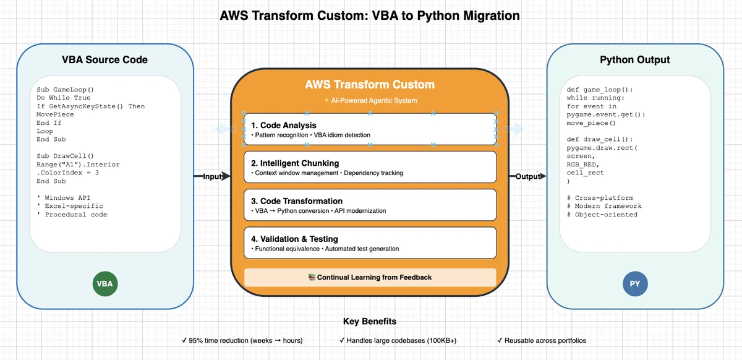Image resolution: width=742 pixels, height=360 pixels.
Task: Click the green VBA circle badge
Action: point(105,284)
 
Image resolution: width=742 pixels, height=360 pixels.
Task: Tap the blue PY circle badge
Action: point(635,284)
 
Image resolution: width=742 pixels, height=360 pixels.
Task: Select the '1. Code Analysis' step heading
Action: point(284,126)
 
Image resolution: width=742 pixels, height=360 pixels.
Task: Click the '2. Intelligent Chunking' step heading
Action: point(295,163)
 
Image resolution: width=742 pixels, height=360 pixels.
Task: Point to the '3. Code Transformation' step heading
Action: point(297,201)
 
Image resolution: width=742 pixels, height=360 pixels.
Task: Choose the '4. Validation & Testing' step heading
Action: point(294,239)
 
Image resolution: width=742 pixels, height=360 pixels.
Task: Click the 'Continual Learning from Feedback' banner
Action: point(370,278)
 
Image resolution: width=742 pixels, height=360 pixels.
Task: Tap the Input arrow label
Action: point(212,176)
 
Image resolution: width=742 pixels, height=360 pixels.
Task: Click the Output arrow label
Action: point(528,176)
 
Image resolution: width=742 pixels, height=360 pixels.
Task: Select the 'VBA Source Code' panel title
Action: point(104,59)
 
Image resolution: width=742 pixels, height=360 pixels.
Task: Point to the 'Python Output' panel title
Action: point(634,59)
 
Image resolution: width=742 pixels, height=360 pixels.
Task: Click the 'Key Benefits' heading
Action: point(370,321)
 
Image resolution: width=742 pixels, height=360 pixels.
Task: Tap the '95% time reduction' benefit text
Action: point(242,340)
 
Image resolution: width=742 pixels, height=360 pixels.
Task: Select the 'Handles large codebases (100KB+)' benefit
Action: point(398,340)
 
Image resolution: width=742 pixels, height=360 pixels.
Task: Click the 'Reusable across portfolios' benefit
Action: point(542,340)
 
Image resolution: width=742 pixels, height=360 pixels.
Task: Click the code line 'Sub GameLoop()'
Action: point(66,90)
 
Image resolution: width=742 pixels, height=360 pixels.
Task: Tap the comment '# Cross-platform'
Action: point(600,198)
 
